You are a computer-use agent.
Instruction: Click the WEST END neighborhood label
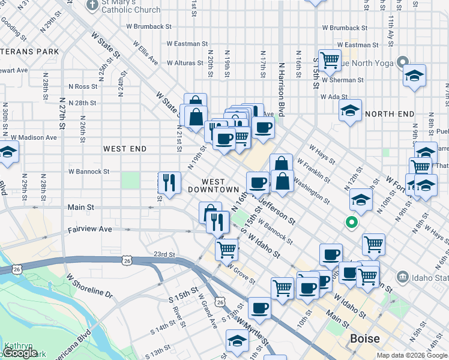click(125, 148)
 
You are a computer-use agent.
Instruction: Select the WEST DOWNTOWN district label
click(213, 185)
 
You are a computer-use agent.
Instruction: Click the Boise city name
click(365, 339)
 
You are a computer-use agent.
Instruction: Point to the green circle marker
click(352, 223)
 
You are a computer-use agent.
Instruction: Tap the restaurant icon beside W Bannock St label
click(169, 182)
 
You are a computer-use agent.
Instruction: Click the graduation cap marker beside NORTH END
click(350, 110)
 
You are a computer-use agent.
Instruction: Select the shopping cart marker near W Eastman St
click(330, 59)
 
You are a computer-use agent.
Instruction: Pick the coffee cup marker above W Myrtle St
click(259, 308)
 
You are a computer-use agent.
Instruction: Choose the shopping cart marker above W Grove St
click(227, 248)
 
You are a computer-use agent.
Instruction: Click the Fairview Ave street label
click(90, 229)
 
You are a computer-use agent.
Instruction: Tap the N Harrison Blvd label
click(280, 78)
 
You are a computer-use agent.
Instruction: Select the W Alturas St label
click(186, 62)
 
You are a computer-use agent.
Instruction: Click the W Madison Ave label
click(37, 137)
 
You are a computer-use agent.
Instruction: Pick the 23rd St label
click(164, 254)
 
